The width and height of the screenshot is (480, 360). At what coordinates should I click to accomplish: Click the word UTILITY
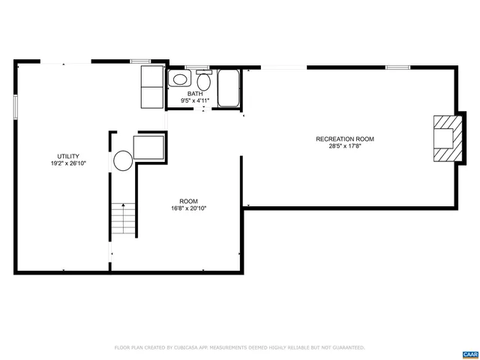point(68,156)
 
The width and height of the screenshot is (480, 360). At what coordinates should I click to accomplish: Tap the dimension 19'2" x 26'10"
point(68,163)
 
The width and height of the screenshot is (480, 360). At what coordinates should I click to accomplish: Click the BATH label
point(195,94)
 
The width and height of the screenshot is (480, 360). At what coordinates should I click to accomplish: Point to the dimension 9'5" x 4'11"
point(195,100)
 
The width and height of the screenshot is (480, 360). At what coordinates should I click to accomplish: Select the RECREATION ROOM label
point(345,139)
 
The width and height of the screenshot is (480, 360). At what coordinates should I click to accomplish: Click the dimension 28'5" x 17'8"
point(345,146)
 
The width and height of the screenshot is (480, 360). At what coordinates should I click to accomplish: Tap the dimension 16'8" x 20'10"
point(188,208)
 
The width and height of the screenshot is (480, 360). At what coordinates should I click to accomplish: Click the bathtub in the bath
point(228,88)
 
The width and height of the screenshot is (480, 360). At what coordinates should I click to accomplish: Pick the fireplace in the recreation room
point(445,138)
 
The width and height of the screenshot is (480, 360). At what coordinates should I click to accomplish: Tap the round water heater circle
point(122,160)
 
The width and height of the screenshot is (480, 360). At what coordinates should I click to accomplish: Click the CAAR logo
point(470,353)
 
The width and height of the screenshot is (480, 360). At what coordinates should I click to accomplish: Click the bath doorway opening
point(204,109)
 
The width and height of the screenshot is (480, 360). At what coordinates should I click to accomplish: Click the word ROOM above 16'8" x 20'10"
point(188,201)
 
